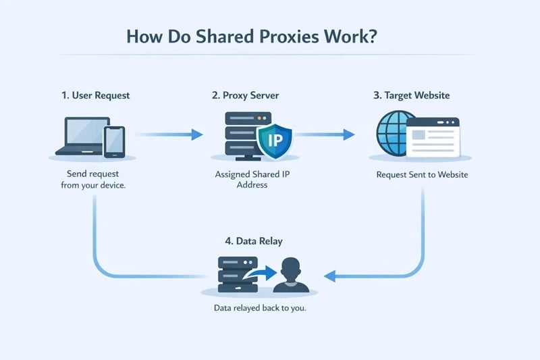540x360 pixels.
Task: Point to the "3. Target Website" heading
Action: (x=412, y=95)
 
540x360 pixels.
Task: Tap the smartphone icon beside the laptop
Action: (x=114, y=140)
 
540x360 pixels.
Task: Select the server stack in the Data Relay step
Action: (x=233, y=274)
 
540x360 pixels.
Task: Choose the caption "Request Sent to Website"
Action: (x=422, y=175)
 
